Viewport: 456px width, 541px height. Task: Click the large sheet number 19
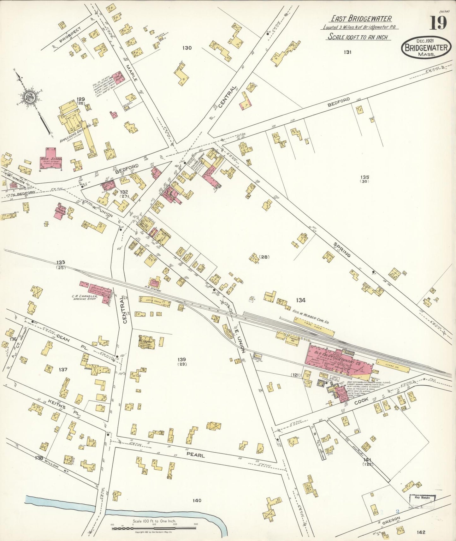click(x=438, y=22)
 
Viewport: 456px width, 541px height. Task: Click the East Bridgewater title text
click(x=361, y=19)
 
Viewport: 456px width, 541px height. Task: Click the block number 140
click(x=197, y=500)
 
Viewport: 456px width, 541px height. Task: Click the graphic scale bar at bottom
click(x=154, y=527)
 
